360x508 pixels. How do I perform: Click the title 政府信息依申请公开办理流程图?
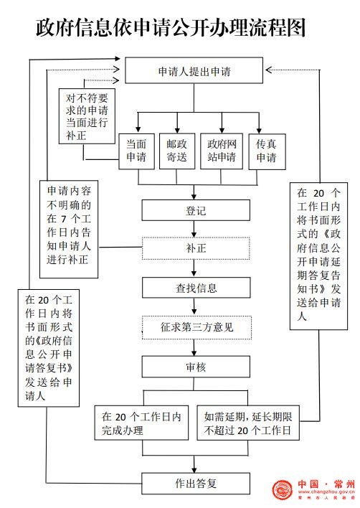171,27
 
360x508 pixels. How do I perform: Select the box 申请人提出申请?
194,70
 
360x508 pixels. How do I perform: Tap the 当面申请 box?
136,151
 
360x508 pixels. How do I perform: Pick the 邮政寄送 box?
177,151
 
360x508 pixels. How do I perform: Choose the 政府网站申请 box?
222,151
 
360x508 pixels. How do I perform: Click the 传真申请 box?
267,151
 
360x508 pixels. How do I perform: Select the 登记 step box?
196,210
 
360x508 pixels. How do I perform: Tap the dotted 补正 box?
196,248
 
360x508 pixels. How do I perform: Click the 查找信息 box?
196,288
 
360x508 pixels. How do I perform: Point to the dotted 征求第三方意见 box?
196,327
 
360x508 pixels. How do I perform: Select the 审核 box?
196,367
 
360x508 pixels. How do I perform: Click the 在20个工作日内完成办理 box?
141,423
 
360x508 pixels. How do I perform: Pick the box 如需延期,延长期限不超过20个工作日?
248,423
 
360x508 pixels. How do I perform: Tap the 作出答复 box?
196,484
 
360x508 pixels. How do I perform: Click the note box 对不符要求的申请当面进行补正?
87,116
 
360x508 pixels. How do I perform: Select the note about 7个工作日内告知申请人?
69,229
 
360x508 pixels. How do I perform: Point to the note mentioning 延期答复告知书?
318,256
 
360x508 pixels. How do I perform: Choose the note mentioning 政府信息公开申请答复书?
49,348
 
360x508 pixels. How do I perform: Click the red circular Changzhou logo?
283,489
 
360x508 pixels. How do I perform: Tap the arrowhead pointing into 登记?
194,197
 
